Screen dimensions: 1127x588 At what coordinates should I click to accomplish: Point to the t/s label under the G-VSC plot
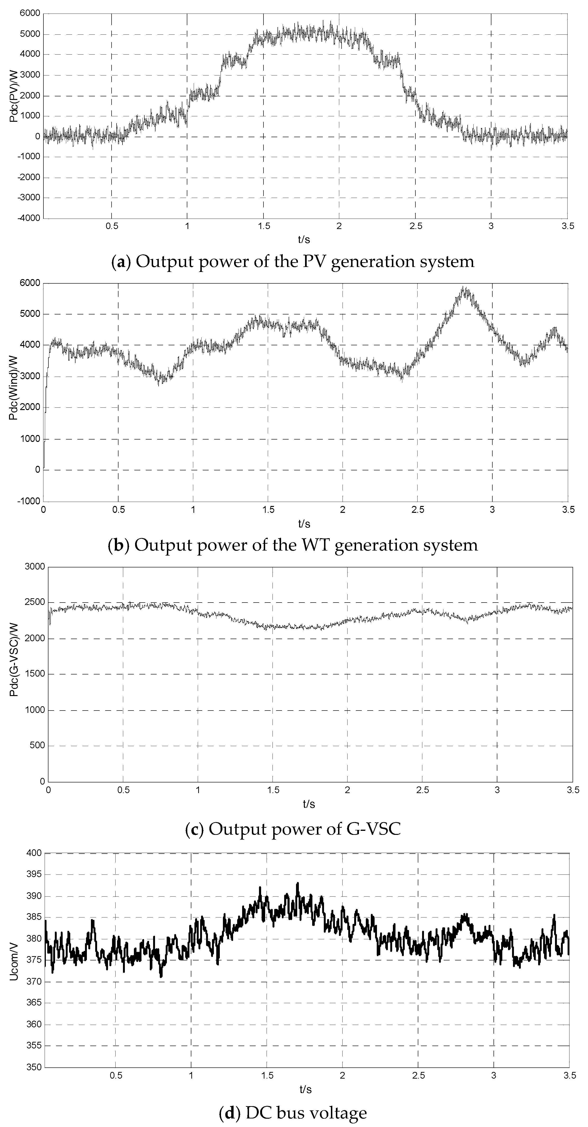[309, 804]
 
